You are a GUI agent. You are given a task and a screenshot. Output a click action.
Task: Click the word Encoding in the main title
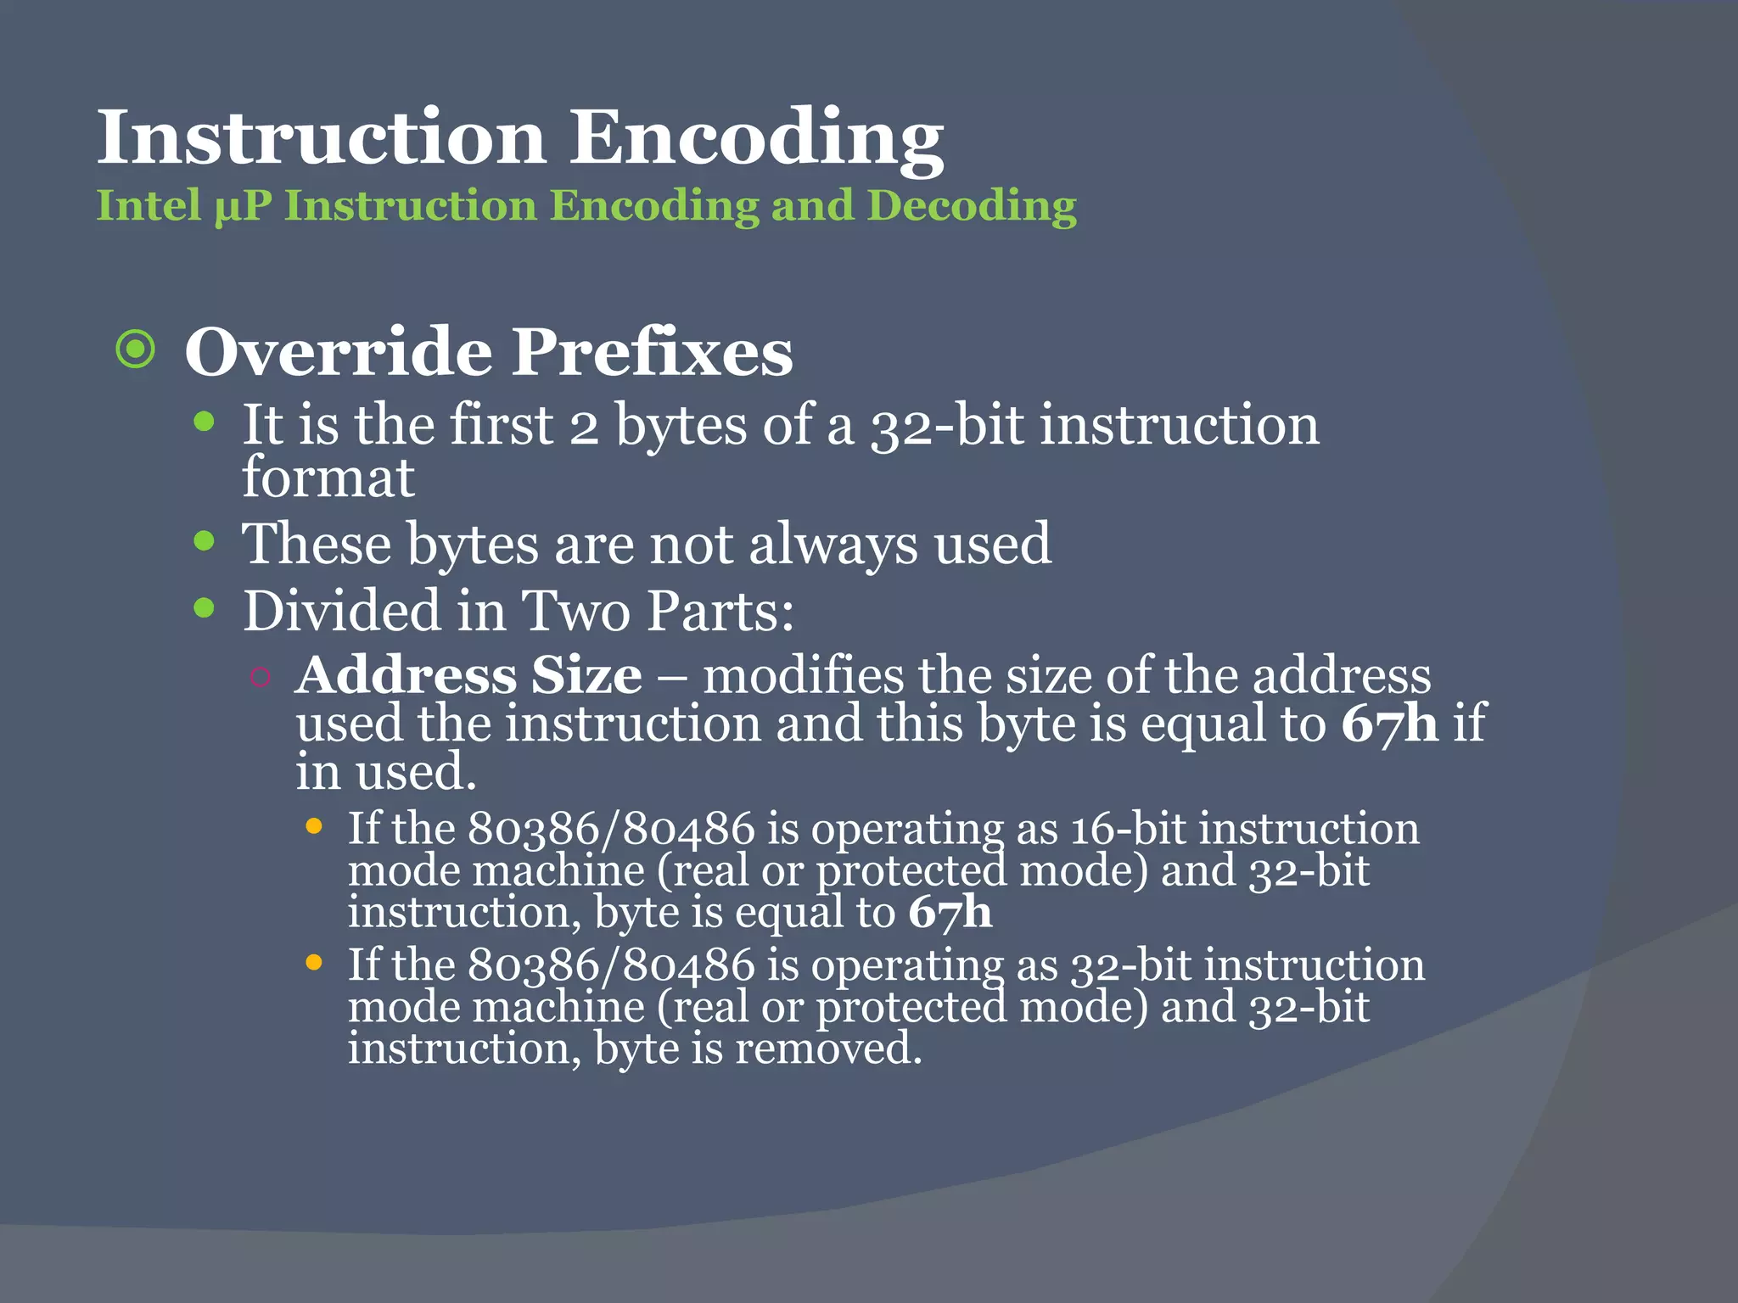[x=755, y=138]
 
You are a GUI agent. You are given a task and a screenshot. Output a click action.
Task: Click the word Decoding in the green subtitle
[x=972, y=206]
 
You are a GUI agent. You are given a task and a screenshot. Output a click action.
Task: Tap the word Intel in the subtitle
[x=149, y=206]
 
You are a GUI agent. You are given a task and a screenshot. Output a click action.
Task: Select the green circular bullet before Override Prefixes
[x=136, y=350]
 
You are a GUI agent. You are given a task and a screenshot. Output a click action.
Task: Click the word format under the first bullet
[x=328, y=478]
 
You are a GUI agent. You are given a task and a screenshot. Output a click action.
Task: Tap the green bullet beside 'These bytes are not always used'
[x=204, y=541]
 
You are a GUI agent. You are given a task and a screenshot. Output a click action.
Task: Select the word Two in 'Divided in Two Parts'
[x=575, y=610]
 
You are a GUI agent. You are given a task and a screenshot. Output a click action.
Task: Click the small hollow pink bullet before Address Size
[x=261, y=676]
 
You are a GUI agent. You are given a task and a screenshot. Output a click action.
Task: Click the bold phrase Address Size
[x=468, y=676]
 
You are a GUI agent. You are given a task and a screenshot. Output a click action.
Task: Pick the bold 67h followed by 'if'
[x=1389, y=724]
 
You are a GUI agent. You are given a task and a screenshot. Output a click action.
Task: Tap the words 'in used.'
[x=385, y=772]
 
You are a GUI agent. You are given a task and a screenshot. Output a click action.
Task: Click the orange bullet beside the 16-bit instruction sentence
[x=313, y=826]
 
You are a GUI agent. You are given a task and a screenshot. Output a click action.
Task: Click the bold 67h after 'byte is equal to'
[x=950, y=913]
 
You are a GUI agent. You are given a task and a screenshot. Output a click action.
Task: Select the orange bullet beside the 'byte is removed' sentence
[x=313, y=963]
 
